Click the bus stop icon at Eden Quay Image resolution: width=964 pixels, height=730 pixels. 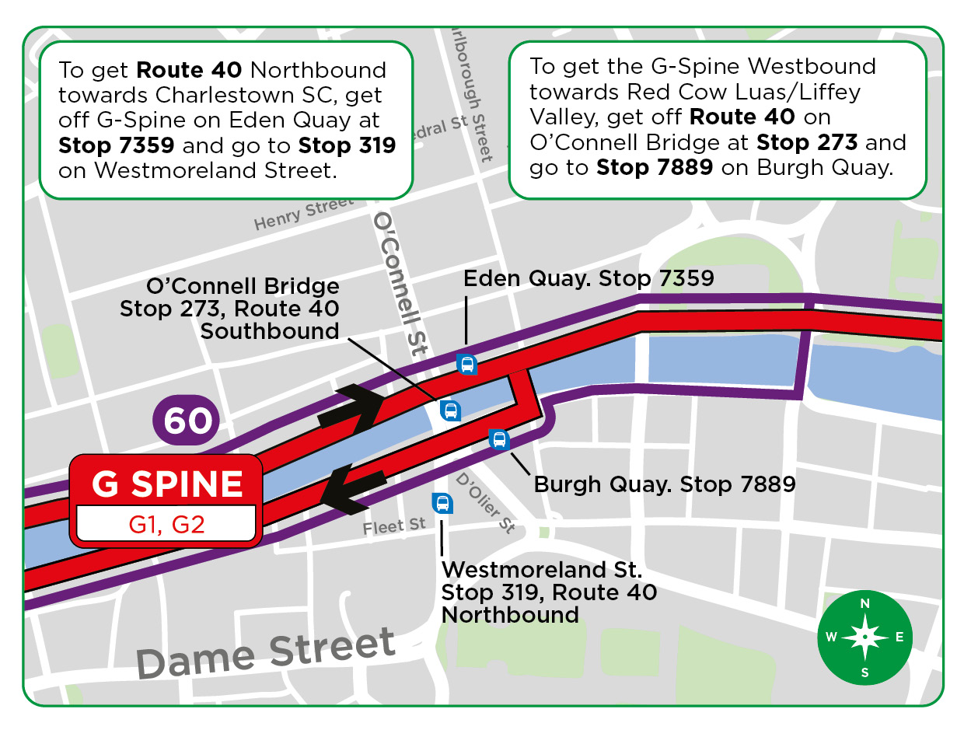466,364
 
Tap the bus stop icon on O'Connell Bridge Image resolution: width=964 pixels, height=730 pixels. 449,410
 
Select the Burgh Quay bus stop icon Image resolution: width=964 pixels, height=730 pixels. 499,440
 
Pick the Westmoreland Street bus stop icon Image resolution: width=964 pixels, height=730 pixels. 442,503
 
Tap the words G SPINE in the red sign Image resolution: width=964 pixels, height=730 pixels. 167,484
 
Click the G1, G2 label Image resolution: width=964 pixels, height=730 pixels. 166,524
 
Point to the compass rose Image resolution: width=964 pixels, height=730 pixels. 864,637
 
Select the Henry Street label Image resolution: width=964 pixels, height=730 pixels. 303,214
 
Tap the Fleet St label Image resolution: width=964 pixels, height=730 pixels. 394,526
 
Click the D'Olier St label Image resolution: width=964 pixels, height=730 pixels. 486,503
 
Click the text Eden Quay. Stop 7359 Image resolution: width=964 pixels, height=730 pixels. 589,278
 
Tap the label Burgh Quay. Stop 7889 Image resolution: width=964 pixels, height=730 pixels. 664,484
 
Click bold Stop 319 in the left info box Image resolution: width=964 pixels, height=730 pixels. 347,145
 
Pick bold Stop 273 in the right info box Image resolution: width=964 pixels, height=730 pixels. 806,143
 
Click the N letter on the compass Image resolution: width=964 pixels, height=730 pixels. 864,604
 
